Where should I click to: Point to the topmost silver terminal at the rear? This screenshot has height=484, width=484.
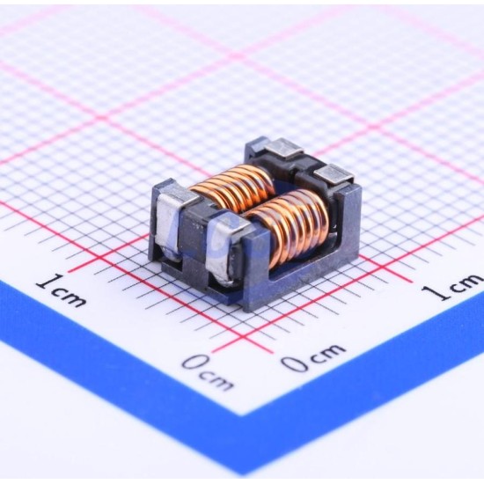coord(283,148)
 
